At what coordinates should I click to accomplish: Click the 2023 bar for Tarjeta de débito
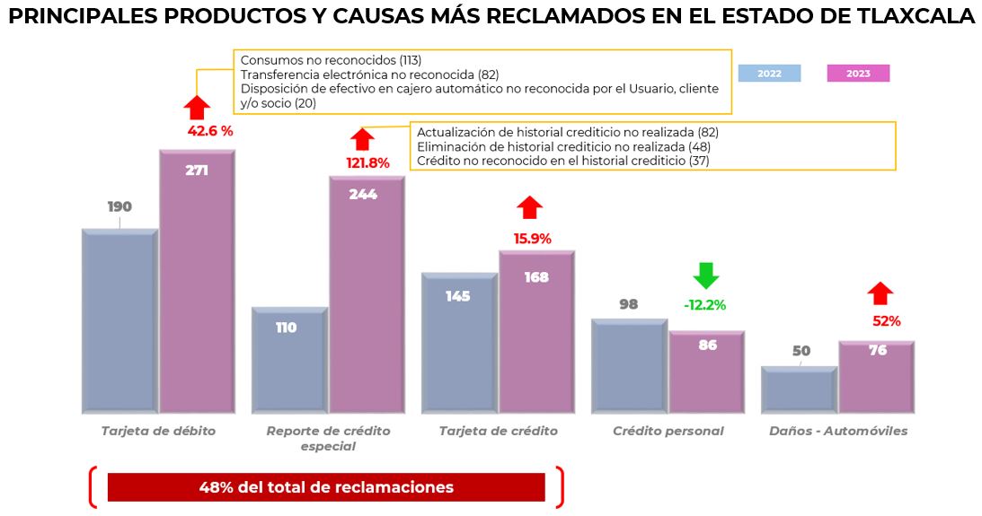[198, 287]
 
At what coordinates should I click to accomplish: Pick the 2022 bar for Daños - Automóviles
[798, 390]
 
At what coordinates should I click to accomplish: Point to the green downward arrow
[706, 275]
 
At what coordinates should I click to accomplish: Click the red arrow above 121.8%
[362, 139]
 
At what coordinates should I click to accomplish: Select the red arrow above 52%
[880, 293]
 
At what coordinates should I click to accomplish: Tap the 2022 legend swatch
[769, 74]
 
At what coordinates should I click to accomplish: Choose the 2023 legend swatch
[858, 74]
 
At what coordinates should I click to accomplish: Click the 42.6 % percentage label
[210, 131]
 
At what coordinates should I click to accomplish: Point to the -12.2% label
[704, 305]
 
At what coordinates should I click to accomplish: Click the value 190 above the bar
[119, 206]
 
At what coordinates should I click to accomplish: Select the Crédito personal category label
[668, 431]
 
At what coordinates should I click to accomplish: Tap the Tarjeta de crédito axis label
[498, 431]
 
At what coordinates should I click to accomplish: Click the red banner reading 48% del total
[326, 487]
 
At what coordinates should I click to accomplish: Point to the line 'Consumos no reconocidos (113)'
[331, 60]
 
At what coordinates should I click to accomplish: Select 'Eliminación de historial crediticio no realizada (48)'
[563, 146]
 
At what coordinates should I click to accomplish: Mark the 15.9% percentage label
[533, 239]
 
